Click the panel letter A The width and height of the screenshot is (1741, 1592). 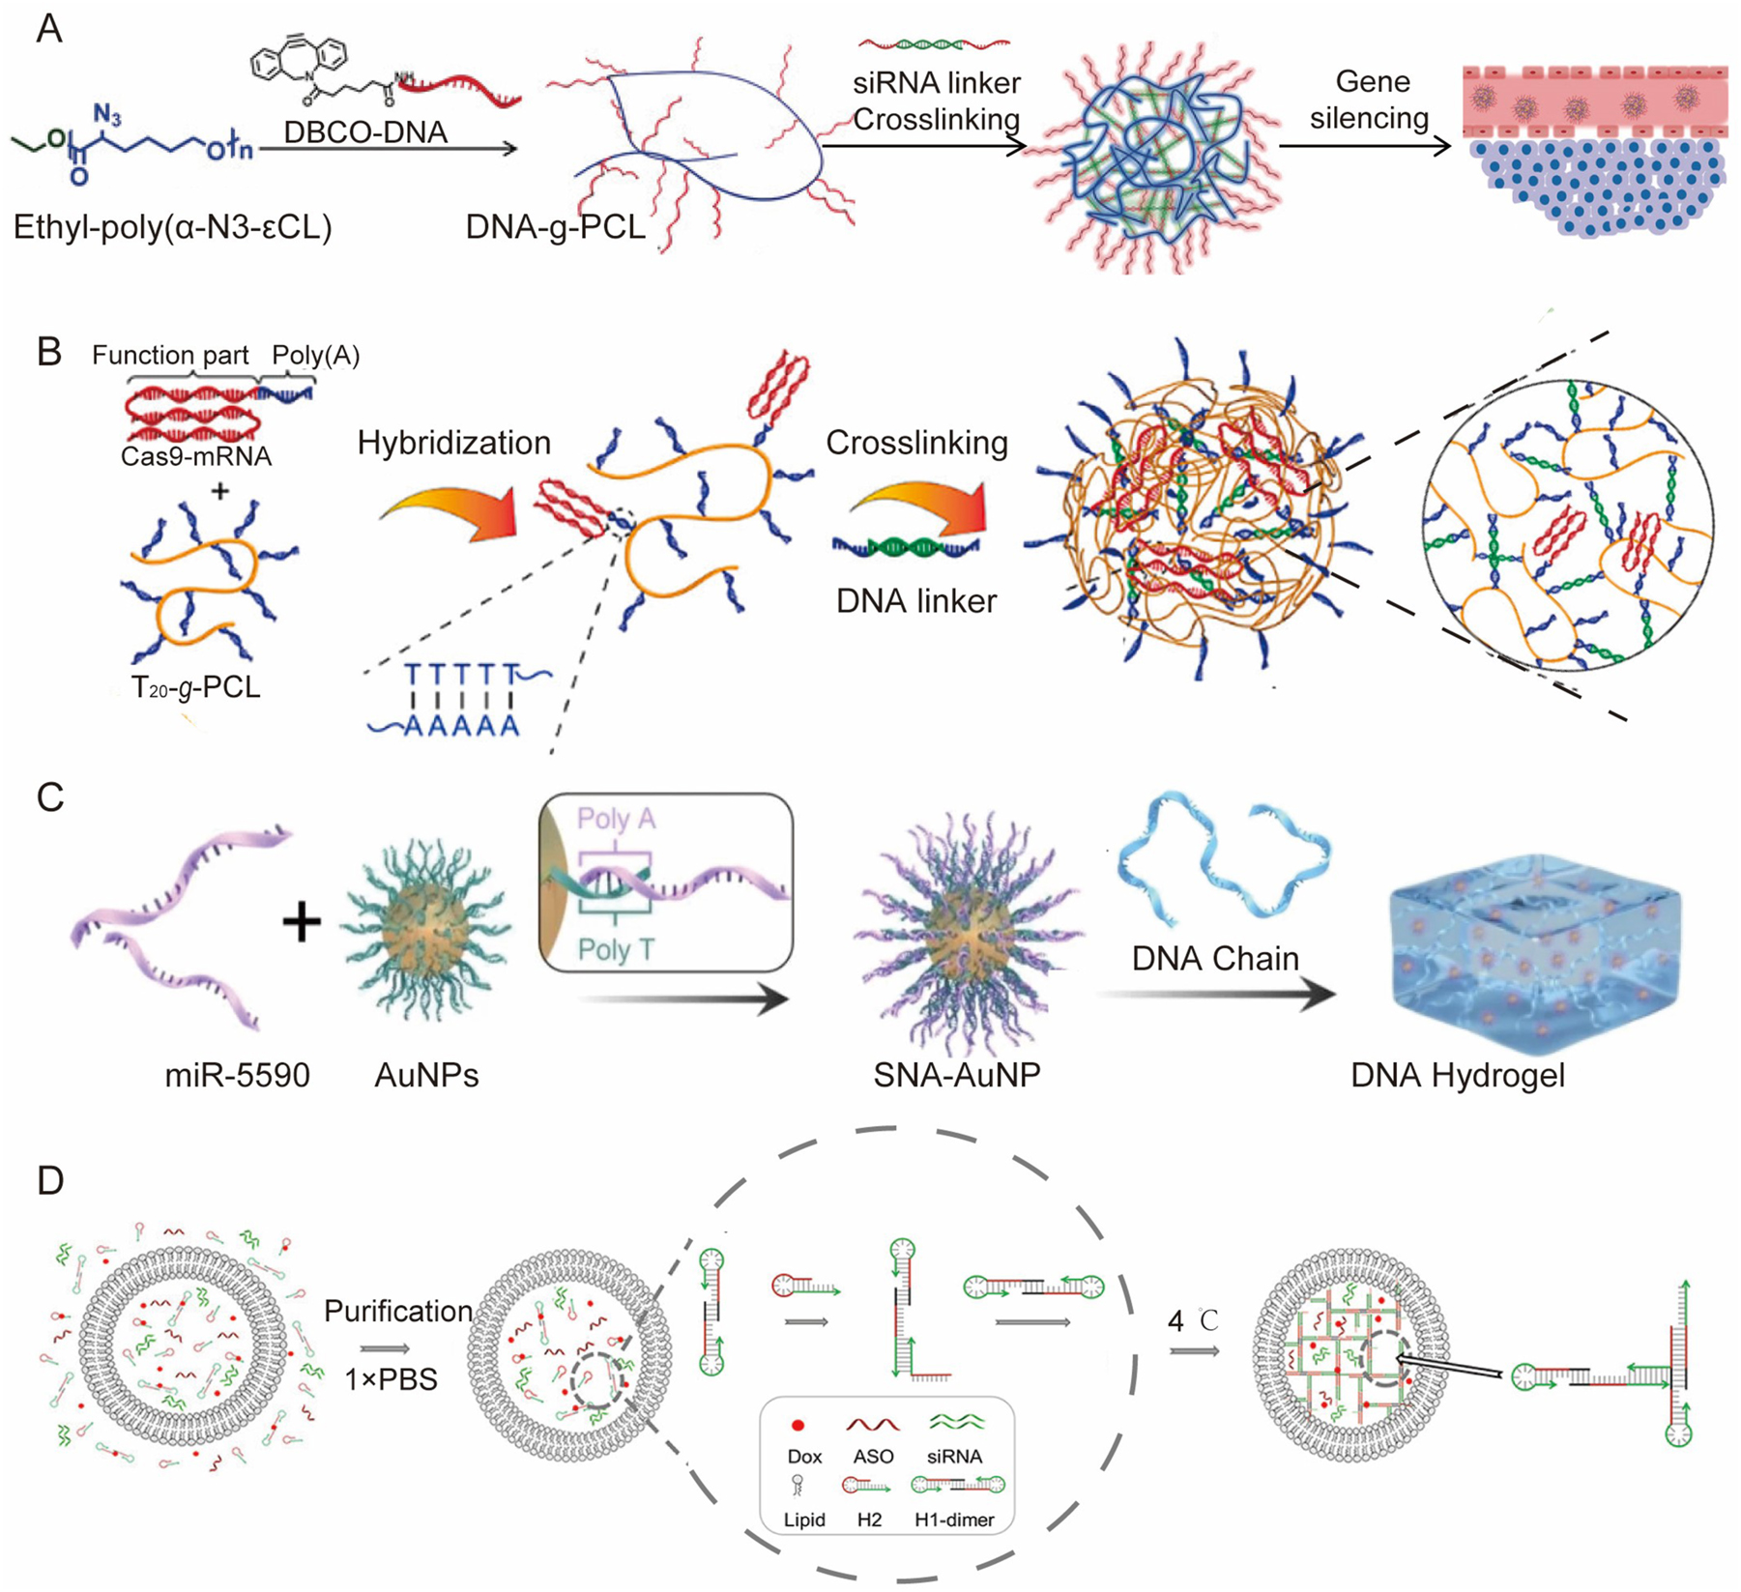[x=49, y=28]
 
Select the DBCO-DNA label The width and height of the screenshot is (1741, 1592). [x=365, y=131]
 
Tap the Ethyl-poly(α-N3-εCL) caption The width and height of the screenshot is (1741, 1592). [x=172, y=227]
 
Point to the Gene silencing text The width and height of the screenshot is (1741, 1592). [x=1371, y=100]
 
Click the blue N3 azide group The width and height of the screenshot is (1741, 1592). [x=107, y=117]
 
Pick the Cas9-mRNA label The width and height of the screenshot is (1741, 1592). [x=195, y=456]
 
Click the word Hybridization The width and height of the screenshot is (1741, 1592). [x=453, y=443]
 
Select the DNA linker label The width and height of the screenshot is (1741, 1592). [x=915, y=601]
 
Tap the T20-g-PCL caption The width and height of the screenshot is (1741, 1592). [x=195, y=687]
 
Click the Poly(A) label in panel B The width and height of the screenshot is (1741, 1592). [x=315, y=356]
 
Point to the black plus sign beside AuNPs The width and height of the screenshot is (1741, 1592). [x=302, y=921]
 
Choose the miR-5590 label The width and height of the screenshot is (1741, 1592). [x=237, y=1075]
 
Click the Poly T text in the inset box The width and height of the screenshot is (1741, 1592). [x=616, y=950]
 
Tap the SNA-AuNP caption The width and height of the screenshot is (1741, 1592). [x=956, y=1075]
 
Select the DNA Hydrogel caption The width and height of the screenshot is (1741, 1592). [x=1457, y=1075]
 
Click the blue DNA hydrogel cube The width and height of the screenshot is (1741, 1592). [x=1534, y=952]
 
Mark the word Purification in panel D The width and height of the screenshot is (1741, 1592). [x=397, y=1311]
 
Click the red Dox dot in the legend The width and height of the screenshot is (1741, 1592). [x=798, y=1426]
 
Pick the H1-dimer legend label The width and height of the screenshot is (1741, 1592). [x=953, y=1520]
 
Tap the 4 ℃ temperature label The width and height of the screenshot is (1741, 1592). [x=1193, y=1320]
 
